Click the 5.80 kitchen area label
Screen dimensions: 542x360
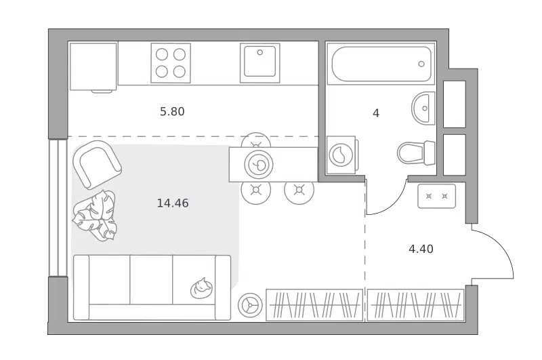172,111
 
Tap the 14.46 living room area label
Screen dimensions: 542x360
173,203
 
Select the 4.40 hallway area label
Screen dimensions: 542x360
421,249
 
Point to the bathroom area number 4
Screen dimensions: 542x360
376,113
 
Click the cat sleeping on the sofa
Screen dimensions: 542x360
201,288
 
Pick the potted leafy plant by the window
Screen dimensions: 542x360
95,215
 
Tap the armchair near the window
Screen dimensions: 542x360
97,165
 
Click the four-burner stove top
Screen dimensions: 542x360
171,63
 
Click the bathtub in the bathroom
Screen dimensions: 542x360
381,64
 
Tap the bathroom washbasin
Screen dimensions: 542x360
423,108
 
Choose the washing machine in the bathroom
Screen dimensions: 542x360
341,155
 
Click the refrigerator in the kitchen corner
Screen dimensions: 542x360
93,66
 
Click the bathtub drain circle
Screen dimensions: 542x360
421,64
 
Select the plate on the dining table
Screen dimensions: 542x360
259,165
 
